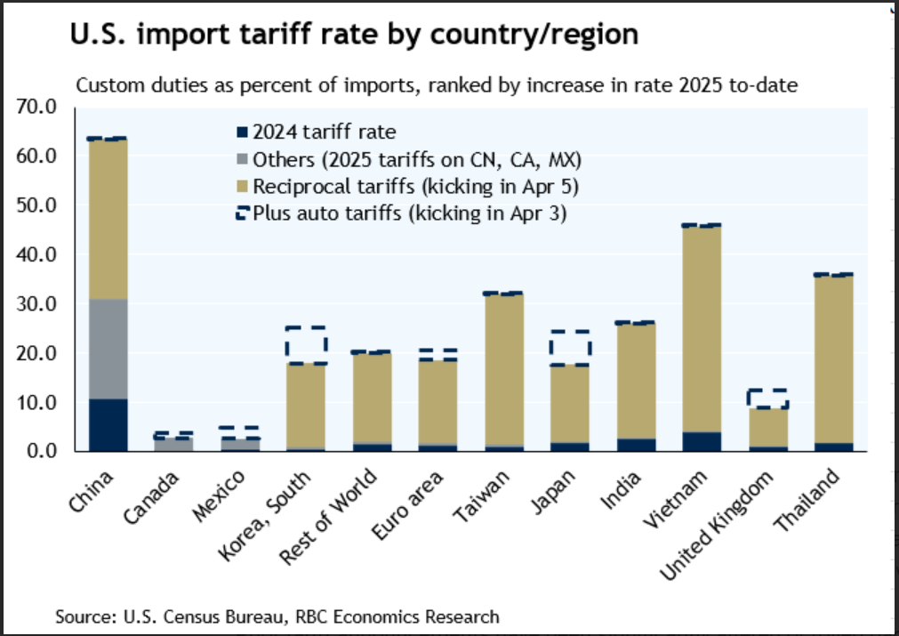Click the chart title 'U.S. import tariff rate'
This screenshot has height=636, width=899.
pos(354,34)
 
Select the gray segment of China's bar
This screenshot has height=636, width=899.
pos(108,349)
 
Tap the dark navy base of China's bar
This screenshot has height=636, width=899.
pos(108,425)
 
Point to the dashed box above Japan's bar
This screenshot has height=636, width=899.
pos(570,348)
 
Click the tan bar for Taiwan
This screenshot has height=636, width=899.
pos(503,369)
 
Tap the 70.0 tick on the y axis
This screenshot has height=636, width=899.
pos(37,108)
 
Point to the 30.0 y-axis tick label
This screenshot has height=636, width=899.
pos(37,304)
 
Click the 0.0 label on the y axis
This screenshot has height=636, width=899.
pos(42,452)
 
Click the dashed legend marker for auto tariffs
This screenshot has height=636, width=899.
pos(242,213)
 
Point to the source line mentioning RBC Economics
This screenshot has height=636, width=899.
pos(277,616)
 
